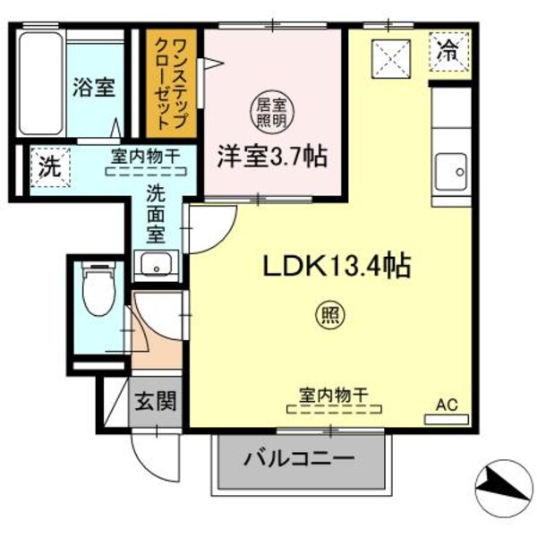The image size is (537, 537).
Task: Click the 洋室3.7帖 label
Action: click(x=269, y=157)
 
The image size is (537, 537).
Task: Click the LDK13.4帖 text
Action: click(x=336, y=266)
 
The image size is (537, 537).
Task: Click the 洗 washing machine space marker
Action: click(x=45, y=166)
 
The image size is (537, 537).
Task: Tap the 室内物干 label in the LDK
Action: click(x=332, y=394)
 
